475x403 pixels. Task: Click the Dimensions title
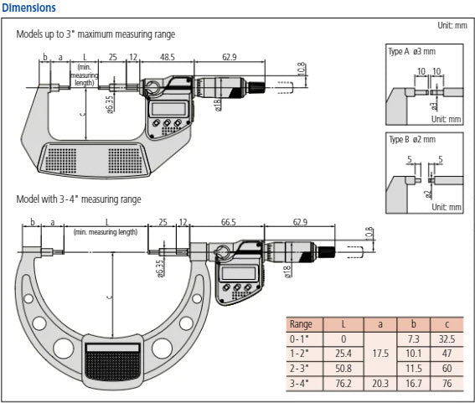[x=29, y=8]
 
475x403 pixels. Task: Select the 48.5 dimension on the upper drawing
[x=167, y=57]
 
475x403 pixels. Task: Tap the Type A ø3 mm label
[x=411, y=52]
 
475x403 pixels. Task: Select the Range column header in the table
[x=301, y=323]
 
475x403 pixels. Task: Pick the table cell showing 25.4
[x=343, y=354]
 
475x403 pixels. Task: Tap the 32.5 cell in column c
[x=446, y=338]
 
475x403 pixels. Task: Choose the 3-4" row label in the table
[x=299, y=384]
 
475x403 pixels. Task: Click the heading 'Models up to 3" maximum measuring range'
[x=96, y=34]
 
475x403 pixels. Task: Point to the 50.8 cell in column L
[x=343, y=369]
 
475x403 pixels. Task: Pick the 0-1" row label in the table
[x=299, y=338]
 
